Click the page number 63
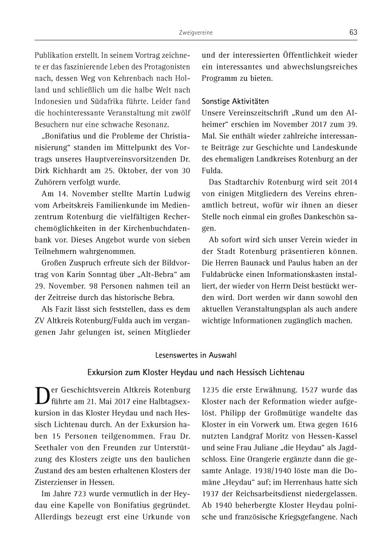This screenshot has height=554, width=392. tap(353, 33)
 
